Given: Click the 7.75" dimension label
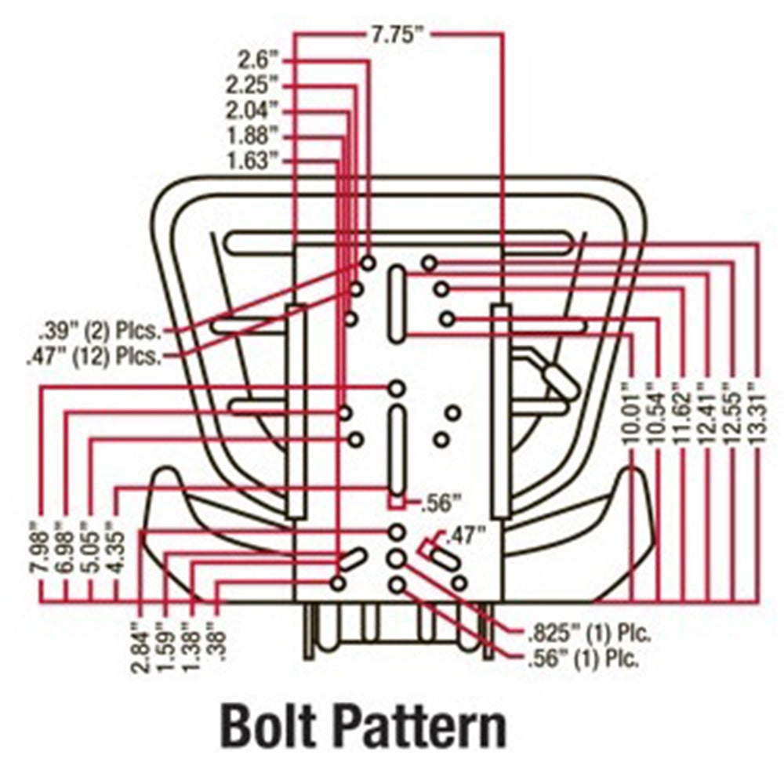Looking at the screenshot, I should (399, 34).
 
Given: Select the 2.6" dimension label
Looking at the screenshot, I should (258, 59).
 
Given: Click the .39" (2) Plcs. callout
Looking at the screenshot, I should (100, 329).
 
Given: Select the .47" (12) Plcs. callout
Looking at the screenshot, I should (95, 357).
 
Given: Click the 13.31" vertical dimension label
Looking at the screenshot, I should (755, 412).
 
